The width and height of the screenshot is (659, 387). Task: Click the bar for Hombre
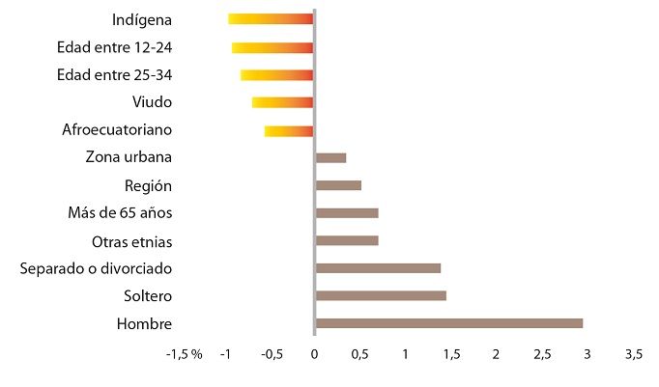point(449,323)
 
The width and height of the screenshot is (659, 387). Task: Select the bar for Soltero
point(381,295)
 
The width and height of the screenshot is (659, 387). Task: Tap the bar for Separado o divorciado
point(378,268)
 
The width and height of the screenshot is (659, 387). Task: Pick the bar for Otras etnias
point(347,240)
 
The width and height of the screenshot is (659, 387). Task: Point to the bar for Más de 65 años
point(347,213)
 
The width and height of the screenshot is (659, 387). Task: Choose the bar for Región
point(338,185)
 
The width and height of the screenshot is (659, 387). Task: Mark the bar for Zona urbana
point(330,157)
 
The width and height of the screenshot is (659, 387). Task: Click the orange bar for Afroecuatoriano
point(289,131)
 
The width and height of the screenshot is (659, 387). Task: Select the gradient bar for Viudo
point(282,102)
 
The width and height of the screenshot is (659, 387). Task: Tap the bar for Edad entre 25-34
point(276,75)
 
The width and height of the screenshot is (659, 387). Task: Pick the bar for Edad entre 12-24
point(272,47)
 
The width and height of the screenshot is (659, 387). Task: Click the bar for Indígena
point(271,18)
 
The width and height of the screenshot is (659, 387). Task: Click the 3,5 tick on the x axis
point(633,355)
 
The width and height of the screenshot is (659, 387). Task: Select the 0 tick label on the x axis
point(314,355)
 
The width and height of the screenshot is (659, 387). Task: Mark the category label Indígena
point(143,19)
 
